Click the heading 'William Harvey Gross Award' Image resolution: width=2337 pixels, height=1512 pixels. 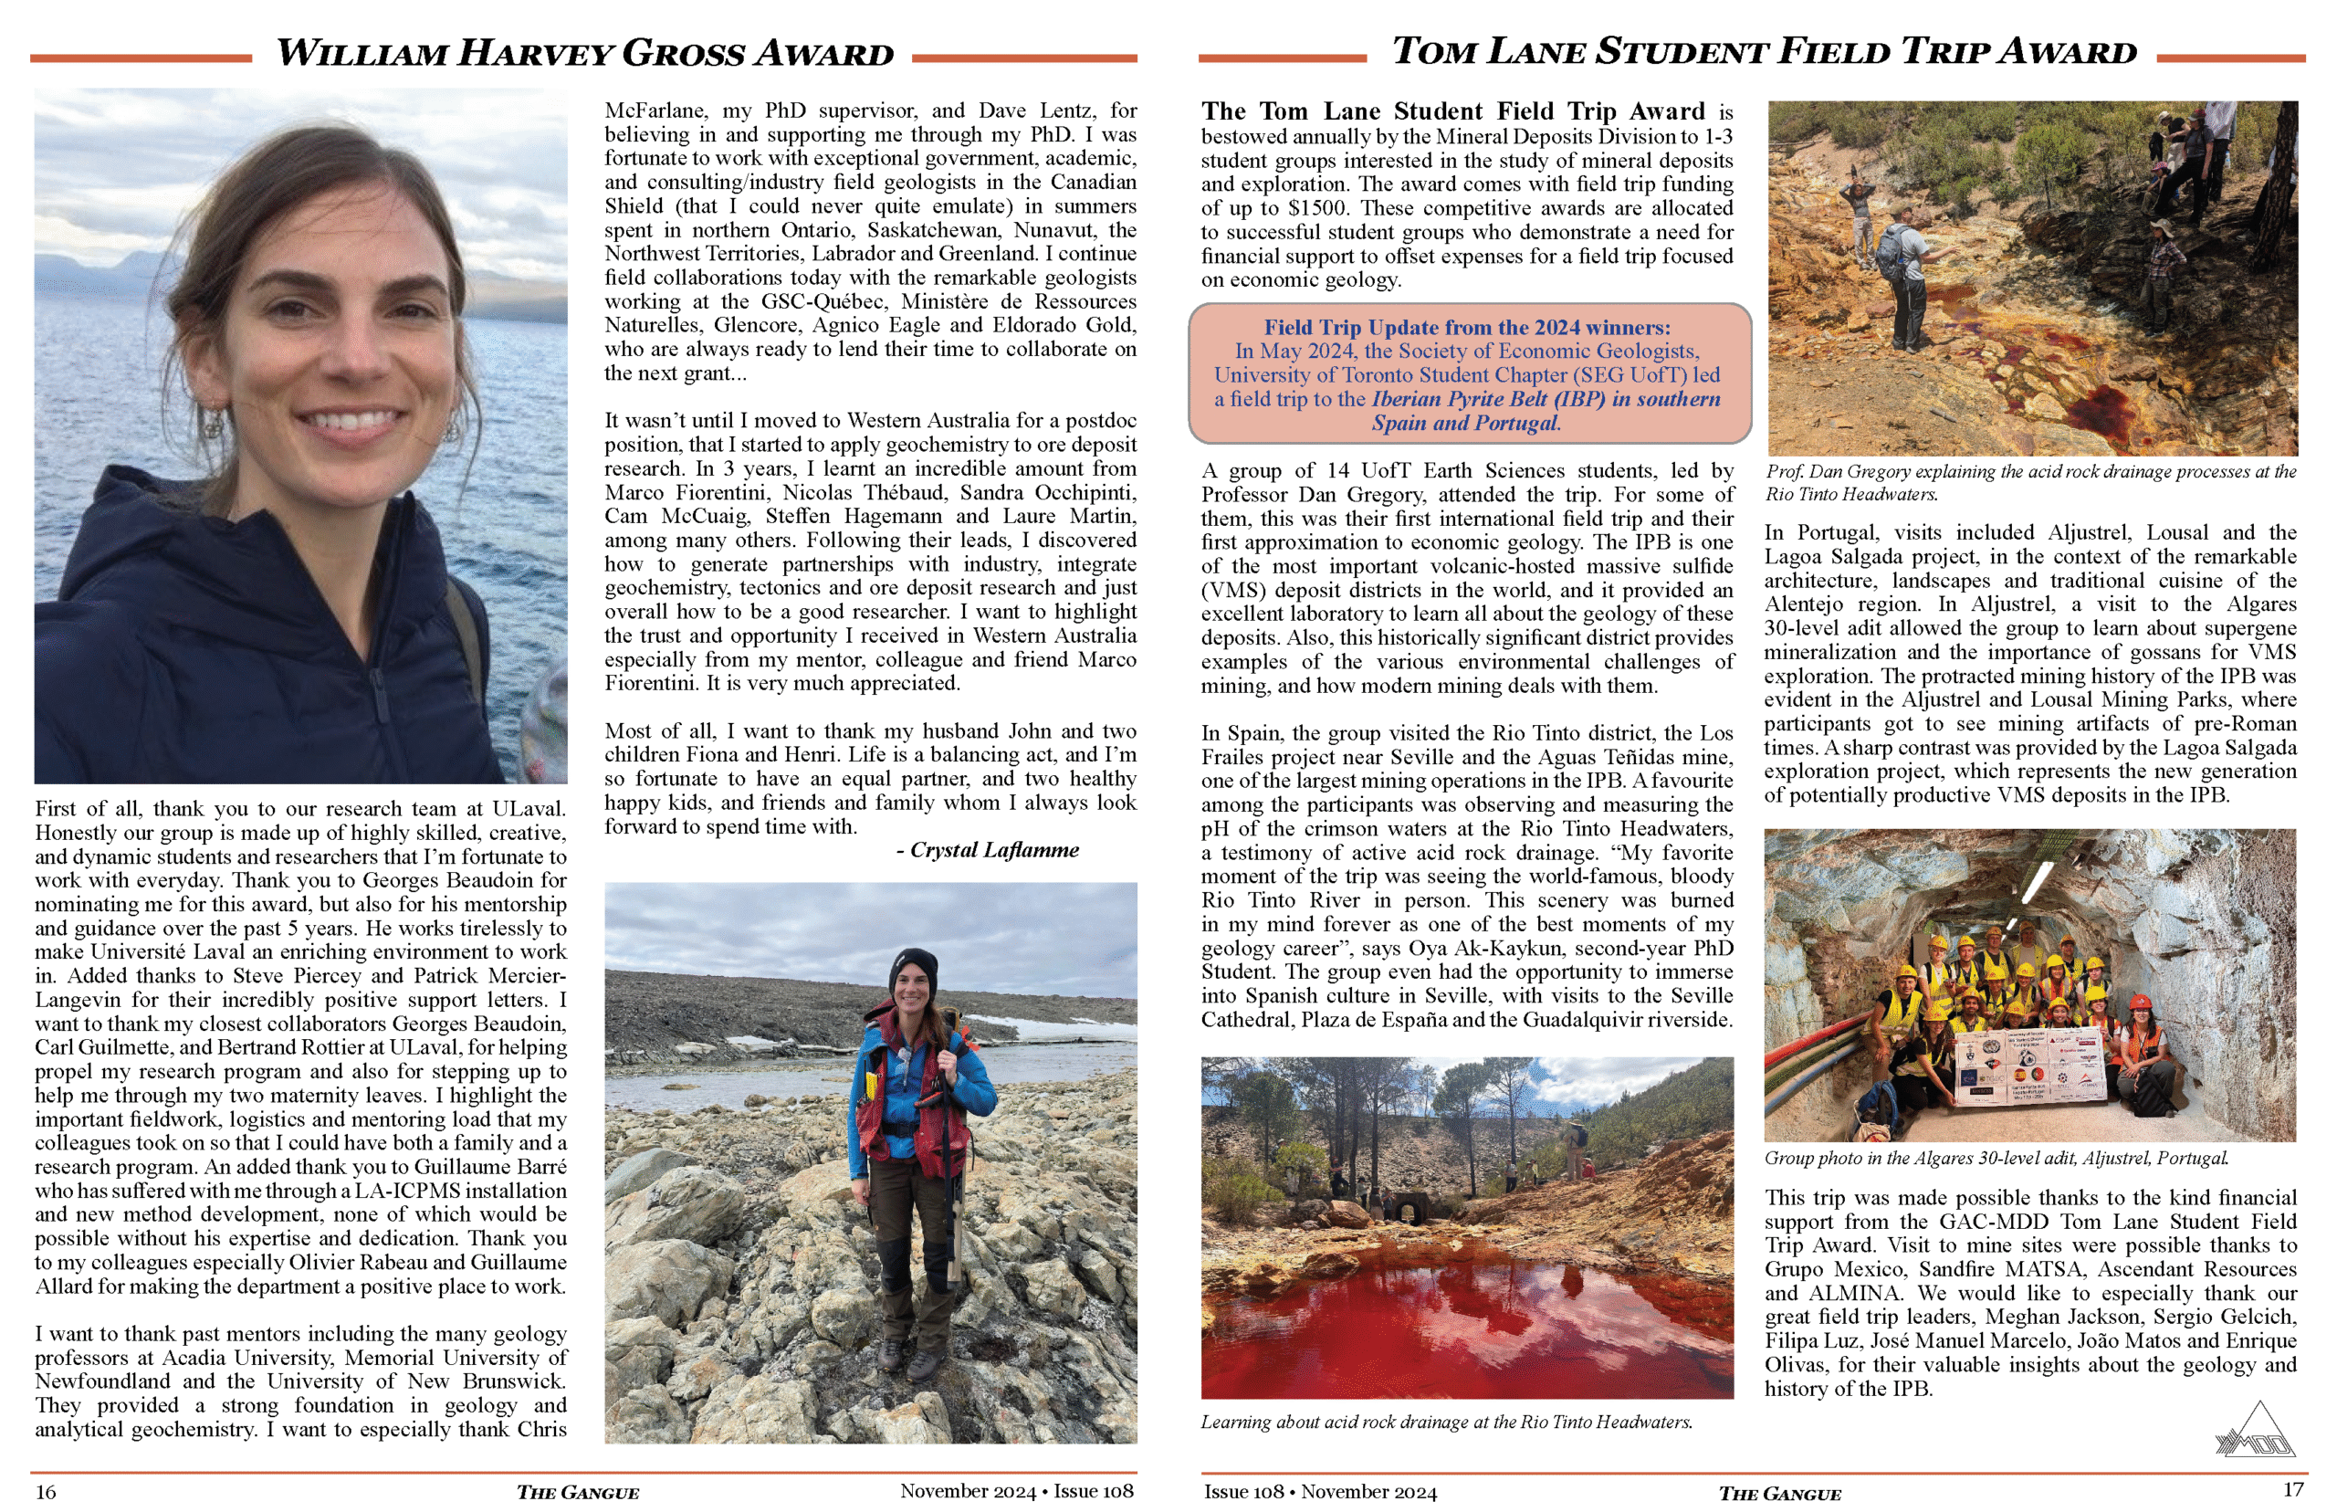point(585,53)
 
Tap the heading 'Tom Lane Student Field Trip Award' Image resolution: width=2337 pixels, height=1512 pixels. point(1763,51)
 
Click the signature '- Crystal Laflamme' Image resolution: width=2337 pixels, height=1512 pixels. point(987,850)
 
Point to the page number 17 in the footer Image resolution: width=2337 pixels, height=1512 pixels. point(2293,1489)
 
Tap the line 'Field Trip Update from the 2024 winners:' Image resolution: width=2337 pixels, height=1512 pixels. point(1466,327)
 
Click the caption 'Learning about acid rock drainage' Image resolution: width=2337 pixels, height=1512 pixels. point(1446,1422)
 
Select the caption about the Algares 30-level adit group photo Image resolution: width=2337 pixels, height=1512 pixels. point(1996,1158)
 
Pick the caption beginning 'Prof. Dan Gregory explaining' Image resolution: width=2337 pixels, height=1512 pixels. point(2029,482)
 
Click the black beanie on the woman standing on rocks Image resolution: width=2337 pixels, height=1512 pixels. point(913,969)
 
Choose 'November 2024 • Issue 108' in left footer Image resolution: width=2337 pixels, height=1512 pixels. point(1016,1491)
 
